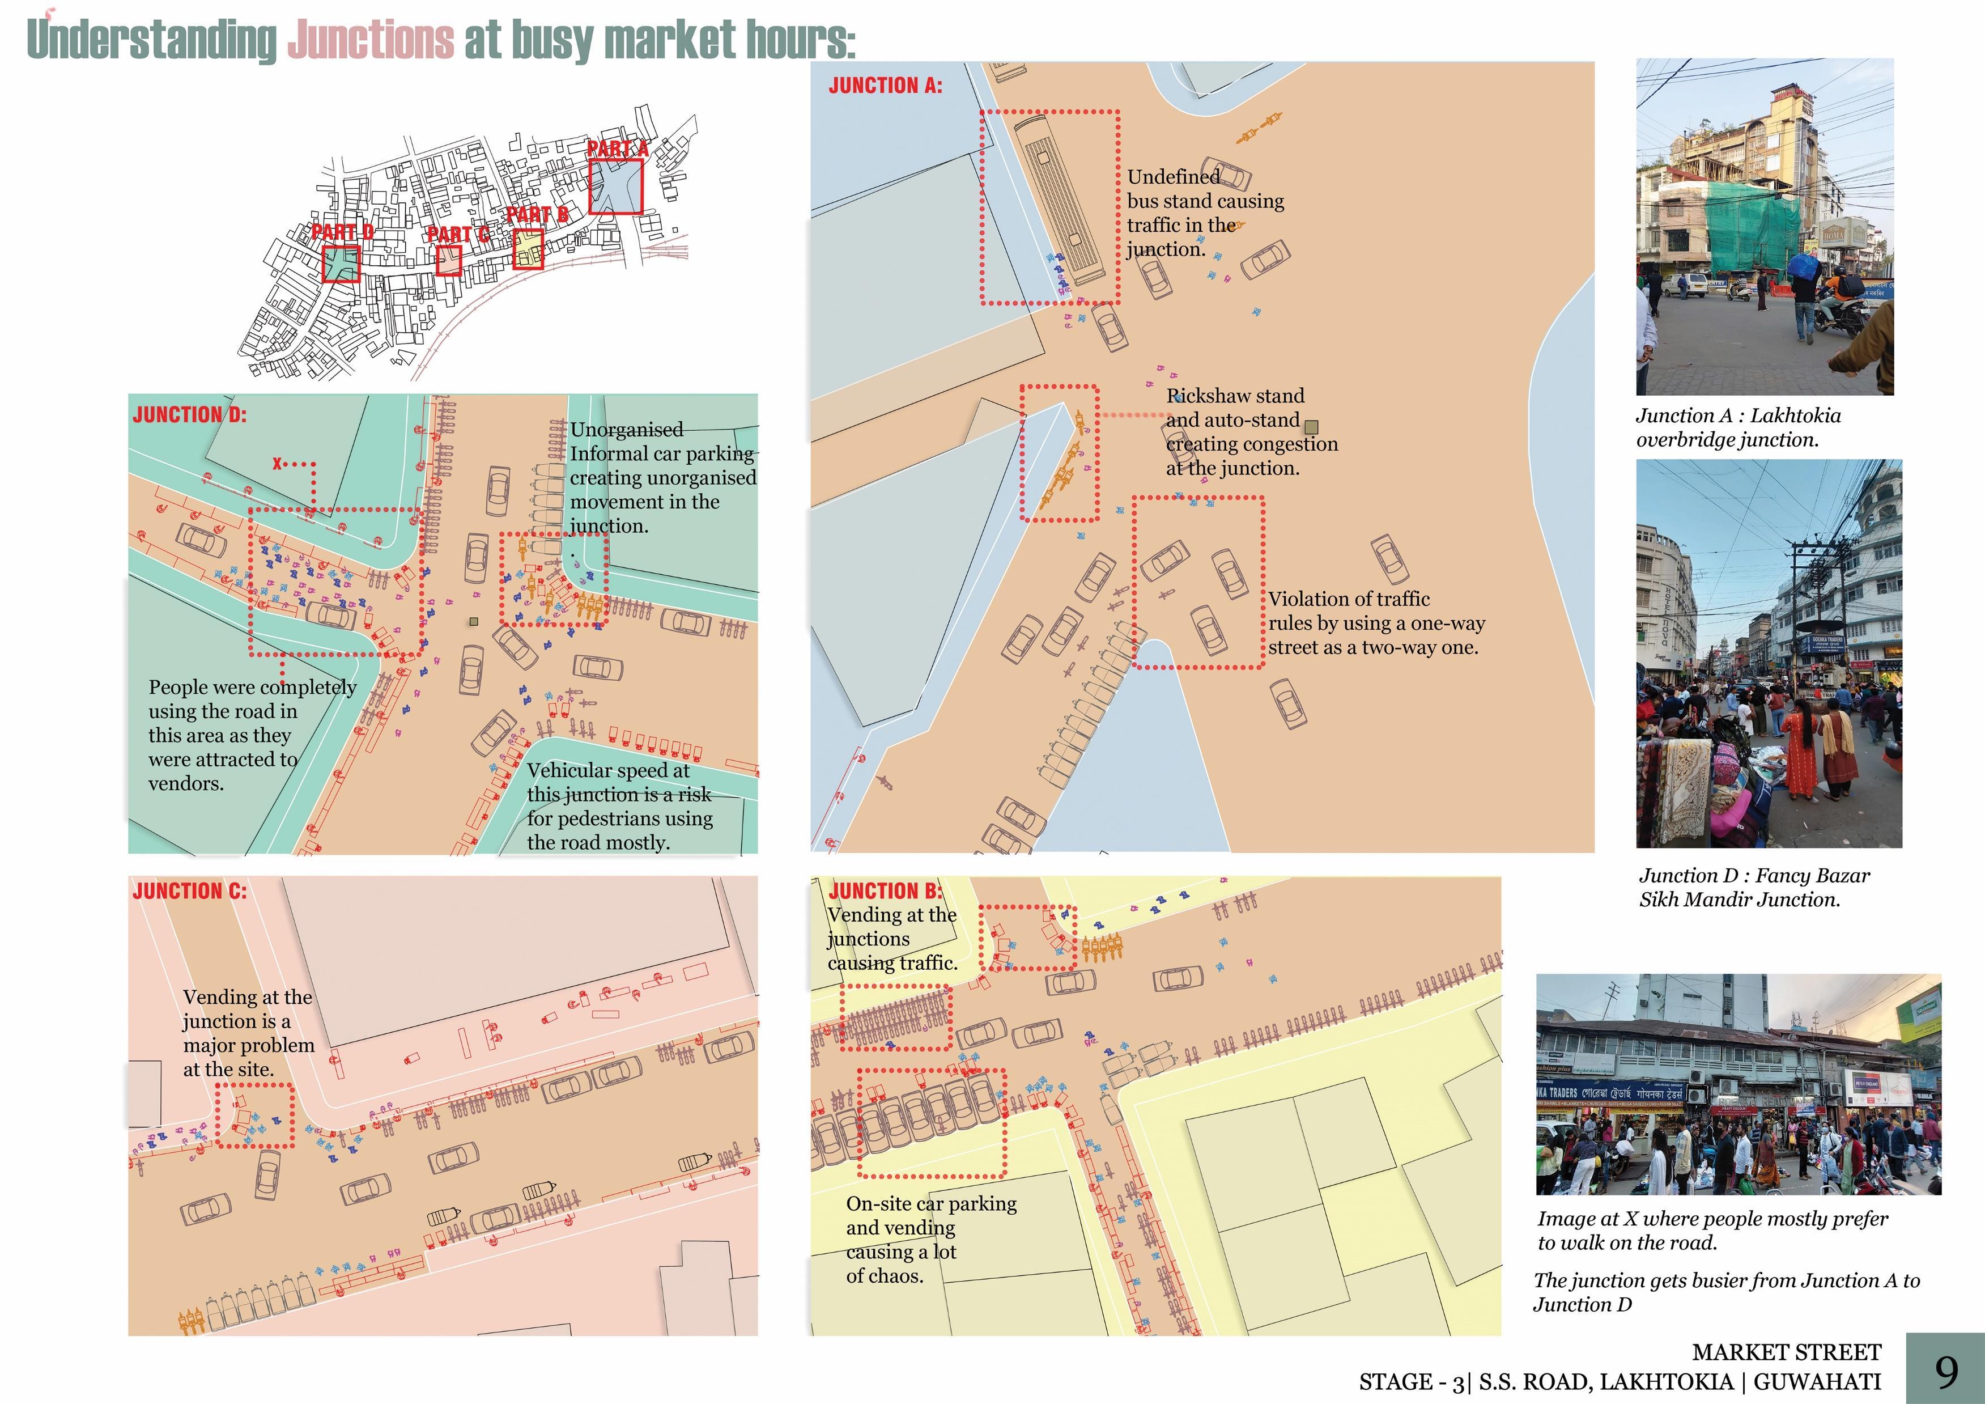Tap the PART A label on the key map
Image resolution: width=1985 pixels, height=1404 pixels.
[617, 149]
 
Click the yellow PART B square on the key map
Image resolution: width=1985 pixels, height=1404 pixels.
[528, 249]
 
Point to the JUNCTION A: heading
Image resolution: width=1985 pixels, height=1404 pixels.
[885, 86]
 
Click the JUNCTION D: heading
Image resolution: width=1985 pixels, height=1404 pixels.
[189, 415]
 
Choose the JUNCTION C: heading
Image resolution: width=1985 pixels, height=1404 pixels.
[189, 892]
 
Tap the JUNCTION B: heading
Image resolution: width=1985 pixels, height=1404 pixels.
[885, 892]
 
